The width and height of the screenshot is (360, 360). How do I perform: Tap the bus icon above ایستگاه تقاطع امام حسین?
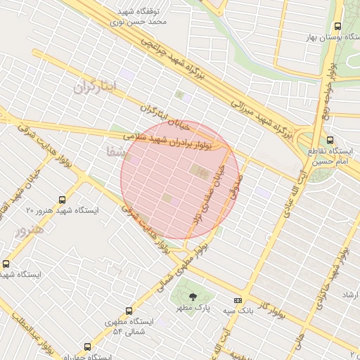click(330, 140)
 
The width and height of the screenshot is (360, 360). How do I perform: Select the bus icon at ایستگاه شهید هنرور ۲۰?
click(63, 200)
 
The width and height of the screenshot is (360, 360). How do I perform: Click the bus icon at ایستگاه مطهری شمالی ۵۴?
click(128, 310)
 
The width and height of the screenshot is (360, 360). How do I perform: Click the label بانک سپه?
click(222, 310)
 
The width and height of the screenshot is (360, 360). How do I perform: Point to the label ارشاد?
click(349, 295)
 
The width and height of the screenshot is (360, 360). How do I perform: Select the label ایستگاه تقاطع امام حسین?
click(330, 156)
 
